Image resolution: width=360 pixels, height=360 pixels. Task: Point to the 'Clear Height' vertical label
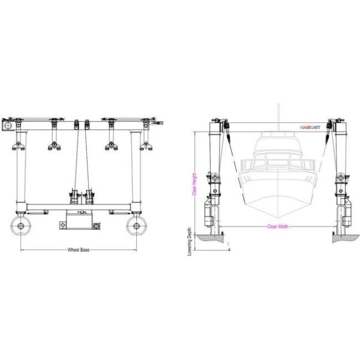pyautogui.click(x=194, y=184)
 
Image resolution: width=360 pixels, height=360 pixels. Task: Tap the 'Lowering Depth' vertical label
pyautogui.click(x=190, y=241)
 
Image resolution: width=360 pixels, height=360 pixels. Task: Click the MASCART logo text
pyautogui.click(x=311, y=127)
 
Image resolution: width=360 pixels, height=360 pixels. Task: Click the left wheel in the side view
pyautogui.click(x=22, y=227)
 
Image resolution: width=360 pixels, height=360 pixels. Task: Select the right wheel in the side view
pyautogui.click(x=137, y=227)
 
